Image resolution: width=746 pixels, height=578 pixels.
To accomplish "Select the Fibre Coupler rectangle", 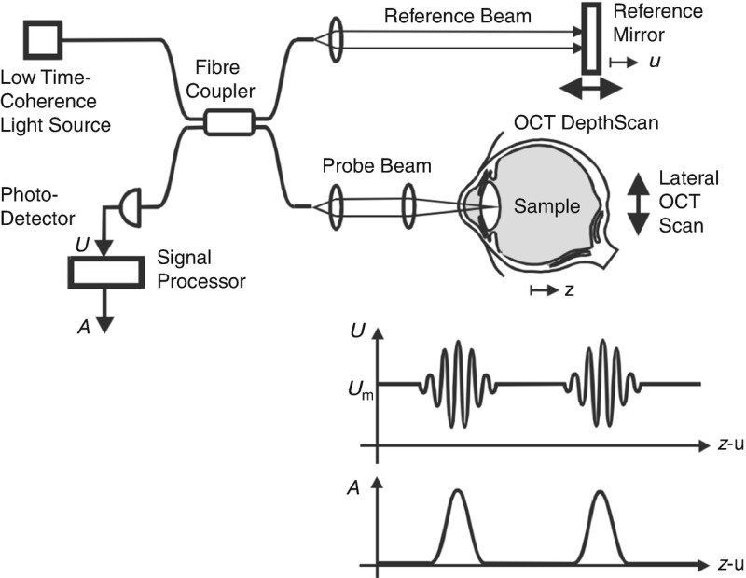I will (228, 121).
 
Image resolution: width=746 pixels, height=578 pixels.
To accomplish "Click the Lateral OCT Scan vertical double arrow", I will (637, 202).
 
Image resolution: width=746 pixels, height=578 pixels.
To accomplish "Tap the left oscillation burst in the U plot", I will (457, 384).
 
